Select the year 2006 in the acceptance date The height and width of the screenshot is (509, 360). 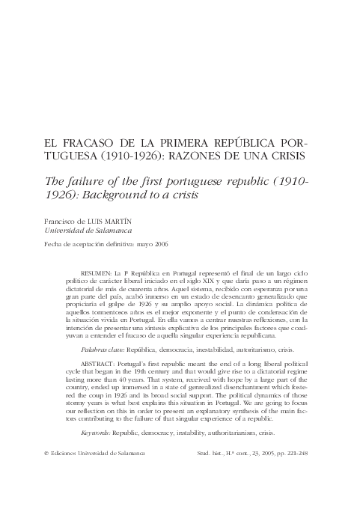(x=162, y=246)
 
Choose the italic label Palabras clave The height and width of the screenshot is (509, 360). (x=104, y=350)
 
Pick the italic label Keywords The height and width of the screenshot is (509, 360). (x=97, y=433)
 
